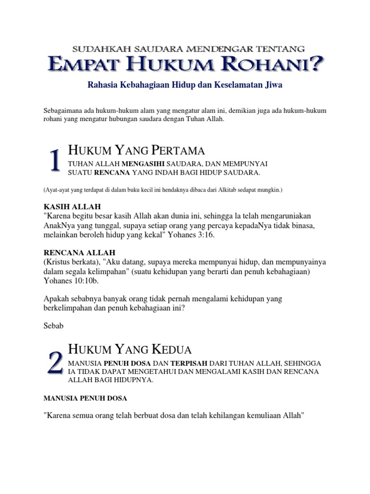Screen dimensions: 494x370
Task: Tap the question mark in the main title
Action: pyautogui.click(x=317, y=64)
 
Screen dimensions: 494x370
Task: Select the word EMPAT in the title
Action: pyautogui.click(x=82, y=65)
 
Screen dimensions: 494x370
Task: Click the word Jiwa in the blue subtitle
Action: pyautogui.click(x=272, y=85)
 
